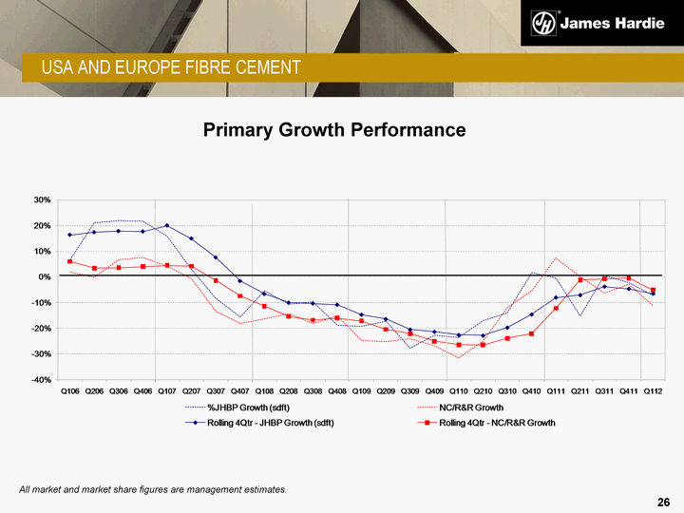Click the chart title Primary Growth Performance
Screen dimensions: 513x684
(334, 129)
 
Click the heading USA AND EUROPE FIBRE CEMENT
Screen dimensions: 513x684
(170, 66)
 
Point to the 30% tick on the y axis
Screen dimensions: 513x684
(42, 200)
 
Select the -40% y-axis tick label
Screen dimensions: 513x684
(40, 380)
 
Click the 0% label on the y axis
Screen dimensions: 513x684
(45, 277)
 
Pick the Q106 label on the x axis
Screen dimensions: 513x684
(70, 390)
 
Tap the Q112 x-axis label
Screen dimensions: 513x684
(654, 390)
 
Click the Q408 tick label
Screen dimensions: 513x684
(337, 390)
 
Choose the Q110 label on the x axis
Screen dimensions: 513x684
(459, 390)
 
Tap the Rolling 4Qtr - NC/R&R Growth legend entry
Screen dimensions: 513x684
(497, 422)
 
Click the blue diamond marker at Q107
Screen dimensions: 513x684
(167, 226)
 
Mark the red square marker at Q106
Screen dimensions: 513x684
(70, 261)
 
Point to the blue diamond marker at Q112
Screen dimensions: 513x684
(654, 294)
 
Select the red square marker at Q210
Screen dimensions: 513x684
(484, 345)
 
